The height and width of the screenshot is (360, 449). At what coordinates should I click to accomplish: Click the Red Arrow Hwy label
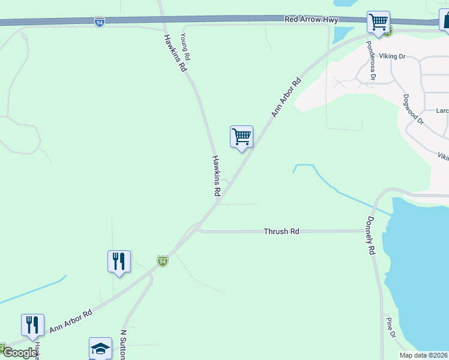tap(312, 20)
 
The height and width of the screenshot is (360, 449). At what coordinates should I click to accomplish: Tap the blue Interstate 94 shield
tap(100, 22)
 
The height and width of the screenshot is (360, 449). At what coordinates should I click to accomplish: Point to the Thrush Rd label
tap(282, 231)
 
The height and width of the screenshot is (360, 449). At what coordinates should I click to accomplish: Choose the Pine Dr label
tap(391, 328)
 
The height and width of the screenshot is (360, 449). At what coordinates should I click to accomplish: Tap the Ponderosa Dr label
tap(372, 61)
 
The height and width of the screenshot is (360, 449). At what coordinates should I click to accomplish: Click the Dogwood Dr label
tap(414, 109)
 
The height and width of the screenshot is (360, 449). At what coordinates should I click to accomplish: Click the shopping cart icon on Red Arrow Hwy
tap(378, 22)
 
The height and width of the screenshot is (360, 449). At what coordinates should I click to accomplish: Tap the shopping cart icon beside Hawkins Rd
tap(241, 137)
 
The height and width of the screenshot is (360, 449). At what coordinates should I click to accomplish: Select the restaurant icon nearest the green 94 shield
tap(119, 262)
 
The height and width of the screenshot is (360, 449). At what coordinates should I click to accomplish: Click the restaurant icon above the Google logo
tap(32, 325)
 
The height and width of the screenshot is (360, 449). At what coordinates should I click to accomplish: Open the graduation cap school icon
tap(100, 349)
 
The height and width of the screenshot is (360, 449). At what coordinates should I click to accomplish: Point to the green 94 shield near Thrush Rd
tap(162, 261)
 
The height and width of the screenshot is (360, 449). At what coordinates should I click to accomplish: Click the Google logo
tap(20, 353)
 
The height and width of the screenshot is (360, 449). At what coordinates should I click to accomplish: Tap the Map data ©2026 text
tap(423, 355)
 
